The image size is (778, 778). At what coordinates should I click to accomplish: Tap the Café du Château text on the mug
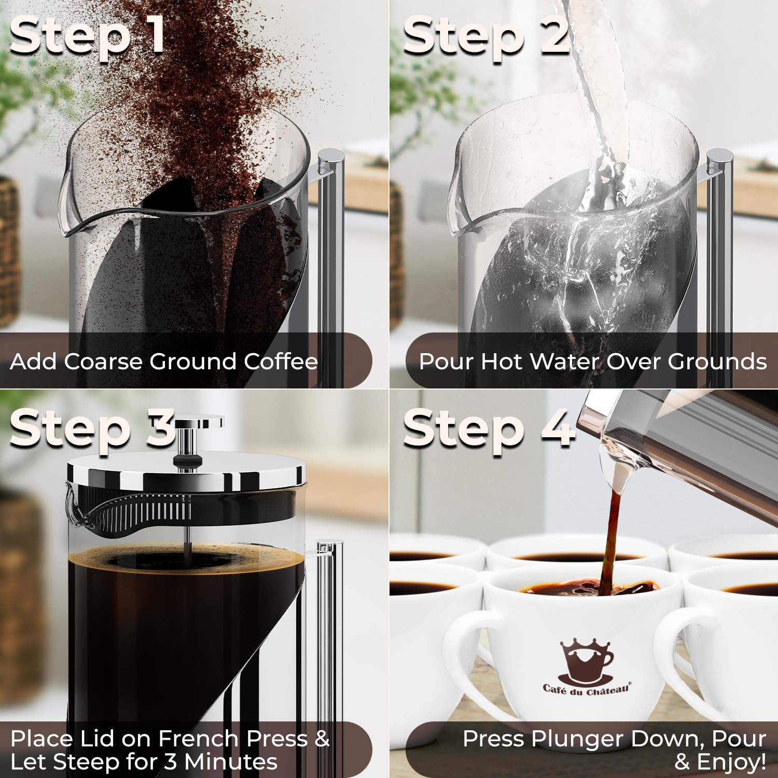pos(586,689)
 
